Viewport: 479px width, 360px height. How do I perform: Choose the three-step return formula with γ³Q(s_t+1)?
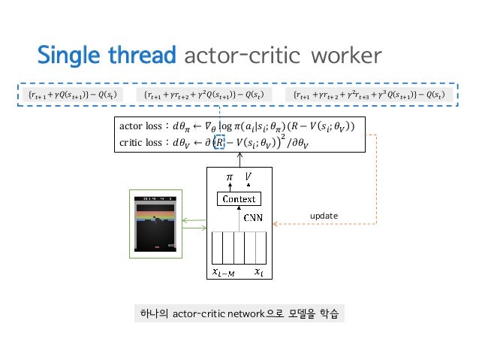tap(367, 95)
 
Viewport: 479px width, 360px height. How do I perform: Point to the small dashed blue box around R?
tap(220, 141)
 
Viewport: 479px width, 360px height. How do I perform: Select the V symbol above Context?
tap(249, 177)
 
